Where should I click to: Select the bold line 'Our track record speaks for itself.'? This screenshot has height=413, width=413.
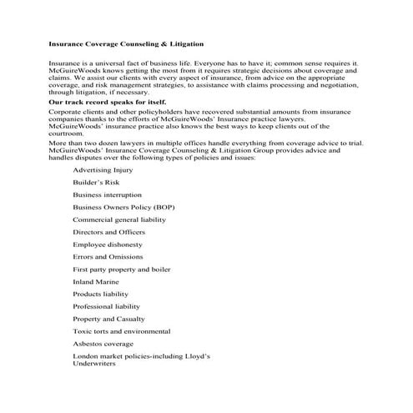coord(102,102)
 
